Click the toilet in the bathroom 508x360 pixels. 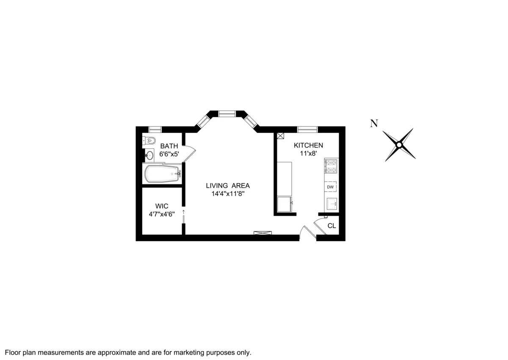(150, 140)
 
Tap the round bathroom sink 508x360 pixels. (149, 155)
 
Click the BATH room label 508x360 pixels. (169, 146)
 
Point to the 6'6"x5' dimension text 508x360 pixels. (169, 154)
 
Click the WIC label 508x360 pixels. (162, 206)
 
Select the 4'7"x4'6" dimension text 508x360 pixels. (162, 214)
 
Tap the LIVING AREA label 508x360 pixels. (228, 185)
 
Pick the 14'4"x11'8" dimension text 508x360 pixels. (228, 194)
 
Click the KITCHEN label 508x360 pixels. (309, 145)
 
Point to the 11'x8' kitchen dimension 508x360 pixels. (309, 153)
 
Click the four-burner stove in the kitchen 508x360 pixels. (331, 166)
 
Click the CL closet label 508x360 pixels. (331, 226)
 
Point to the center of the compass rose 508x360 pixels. (399, 145)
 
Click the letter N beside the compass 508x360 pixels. (374, 124)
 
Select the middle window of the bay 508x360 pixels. (227, 113)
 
